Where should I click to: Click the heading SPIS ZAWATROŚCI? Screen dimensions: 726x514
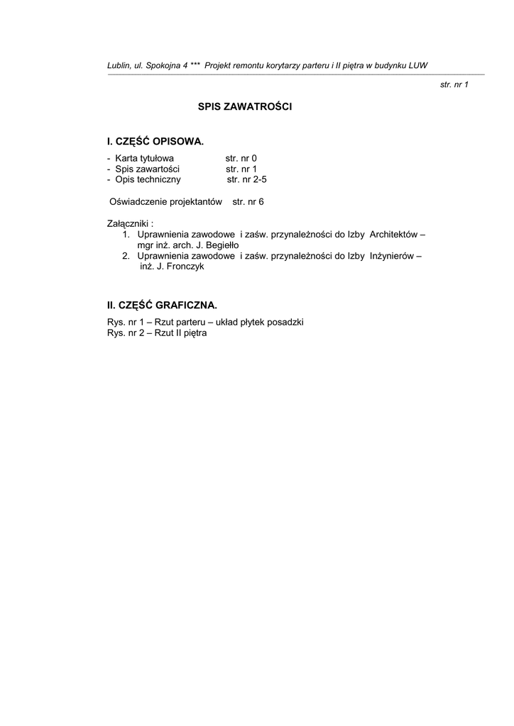[245, 107]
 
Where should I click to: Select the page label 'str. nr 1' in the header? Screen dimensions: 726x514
[454, 84]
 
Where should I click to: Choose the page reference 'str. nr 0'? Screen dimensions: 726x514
[241, 158]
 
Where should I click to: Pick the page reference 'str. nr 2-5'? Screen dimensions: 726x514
[246, 180]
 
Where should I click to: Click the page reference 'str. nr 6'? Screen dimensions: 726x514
[248, 202]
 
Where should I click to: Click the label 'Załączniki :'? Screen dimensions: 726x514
[130, 223]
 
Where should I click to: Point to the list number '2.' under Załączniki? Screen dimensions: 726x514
[126, 256]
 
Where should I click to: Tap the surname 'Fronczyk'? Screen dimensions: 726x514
[186, 267]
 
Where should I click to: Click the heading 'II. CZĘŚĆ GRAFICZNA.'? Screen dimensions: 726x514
[162, 306]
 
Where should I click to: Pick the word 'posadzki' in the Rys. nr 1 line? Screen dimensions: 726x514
[286, 322]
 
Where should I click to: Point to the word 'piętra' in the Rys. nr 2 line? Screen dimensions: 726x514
[194, 333]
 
